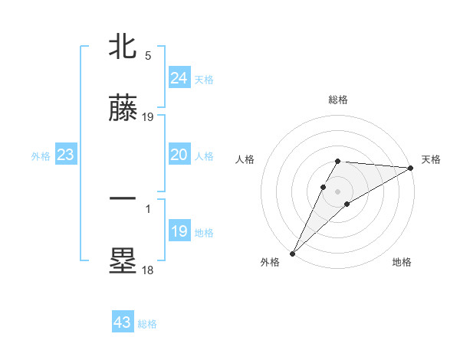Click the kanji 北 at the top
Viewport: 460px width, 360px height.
pos(123,47)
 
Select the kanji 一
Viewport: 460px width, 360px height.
pos(123,198)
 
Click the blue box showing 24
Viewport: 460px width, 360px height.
pos(179,77)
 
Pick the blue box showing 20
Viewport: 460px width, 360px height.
pos(179,155)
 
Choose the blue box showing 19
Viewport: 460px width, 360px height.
pos(179,231)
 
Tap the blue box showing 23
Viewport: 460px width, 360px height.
pos(65,155)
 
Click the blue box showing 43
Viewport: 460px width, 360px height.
pos(123,322)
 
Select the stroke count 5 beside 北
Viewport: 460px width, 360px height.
pos(148,56)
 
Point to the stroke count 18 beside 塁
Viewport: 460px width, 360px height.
pos(148,270)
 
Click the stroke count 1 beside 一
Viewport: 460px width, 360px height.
pos(148,207)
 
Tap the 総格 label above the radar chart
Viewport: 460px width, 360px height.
pos(338,100)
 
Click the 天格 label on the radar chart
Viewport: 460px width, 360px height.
pos(431,159)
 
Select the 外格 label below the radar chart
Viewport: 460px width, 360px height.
pos(270,262)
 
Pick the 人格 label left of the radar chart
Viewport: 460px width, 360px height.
pos(245,159)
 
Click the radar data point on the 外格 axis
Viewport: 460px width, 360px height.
pos(292,254)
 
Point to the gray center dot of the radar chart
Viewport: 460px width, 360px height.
pos(338,191)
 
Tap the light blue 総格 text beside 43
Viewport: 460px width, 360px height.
pos(147,324)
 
